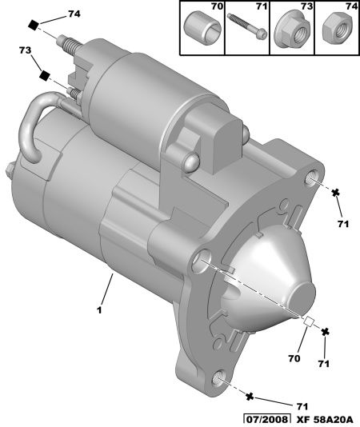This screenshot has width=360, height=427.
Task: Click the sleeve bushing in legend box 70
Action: pos(202,29)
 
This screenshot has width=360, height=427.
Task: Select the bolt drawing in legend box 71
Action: pos(247,26)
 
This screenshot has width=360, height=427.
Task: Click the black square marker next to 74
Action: pos(34,25)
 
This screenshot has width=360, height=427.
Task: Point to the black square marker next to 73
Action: pos(45,75)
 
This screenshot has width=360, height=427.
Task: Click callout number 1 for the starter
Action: pos(100,310)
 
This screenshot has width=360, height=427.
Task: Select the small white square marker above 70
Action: pos(309,321)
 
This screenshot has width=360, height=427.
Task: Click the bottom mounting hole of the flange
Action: pos(218,377)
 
